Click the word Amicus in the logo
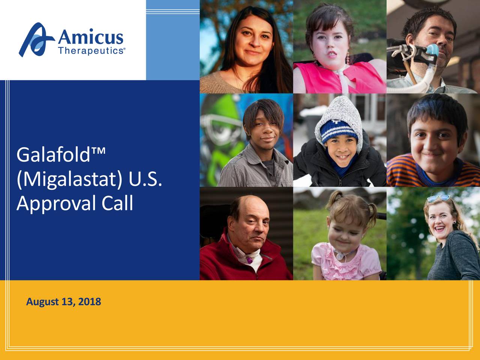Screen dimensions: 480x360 90,37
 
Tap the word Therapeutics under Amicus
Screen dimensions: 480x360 91,51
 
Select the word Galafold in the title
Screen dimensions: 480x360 53,155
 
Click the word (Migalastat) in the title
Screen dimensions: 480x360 69,180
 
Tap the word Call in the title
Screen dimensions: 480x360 117,202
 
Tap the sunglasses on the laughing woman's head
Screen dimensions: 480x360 439,198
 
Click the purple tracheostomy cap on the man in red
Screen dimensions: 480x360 249,260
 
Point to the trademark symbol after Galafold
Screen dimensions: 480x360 98,151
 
